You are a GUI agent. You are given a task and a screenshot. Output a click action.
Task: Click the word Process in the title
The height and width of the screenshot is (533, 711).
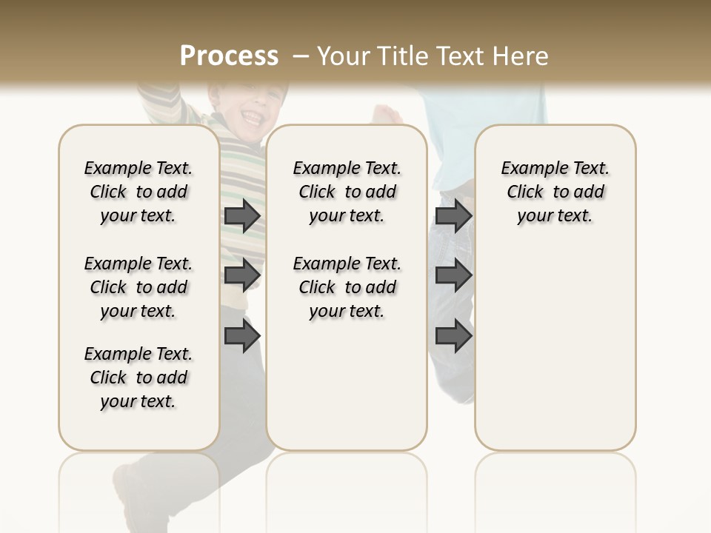pos(229,56)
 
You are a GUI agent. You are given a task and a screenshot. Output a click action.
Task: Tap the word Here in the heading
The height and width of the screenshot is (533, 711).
pos(520,56)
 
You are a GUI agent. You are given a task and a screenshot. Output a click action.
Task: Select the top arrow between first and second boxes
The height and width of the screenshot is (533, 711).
pos(241,216)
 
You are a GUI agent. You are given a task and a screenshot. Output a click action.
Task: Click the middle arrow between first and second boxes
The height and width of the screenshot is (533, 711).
pos(241,275)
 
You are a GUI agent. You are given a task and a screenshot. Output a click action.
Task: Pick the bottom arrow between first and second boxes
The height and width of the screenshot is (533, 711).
pos(241,337)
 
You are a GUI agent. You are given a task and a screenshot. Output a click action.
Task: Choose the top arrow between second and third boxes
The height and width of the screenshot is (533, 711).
pos(453,216)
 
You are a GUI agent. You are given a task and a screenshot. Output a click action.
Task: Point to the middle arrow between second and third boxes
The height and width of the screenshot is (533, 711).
pos(453,275)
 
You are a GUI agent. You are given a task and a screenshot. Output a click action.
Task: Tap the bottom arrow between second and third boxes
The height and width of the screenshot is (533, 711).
pos(453,337)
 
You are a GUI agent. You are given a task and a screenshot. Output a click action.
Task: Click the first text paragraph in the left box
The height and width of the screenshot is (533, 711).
pos(138,192)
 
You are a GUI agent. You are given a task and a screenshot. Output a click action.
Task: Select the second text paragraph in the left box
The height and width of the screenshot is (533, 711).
pos(138,287)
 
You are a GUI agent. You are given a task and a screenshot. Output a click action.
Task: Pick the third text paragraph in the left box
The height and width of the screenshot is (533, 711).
pos(138,378)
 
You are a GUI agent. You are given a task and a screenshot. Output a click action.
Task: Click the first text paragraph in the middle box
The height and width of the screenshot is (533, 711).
pos(347,192)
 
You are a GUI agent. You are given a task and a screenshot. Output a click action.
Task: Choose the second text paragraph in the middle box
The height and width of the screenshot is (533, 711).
pos(347,287)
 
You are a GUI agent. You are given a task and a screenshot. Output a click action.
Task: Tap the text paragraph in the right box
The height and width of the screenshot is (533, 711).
pos(555,192)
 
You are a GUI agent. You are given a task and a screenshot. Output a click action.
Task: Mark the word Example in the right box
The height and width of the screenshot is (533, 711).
pos(529,169)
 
